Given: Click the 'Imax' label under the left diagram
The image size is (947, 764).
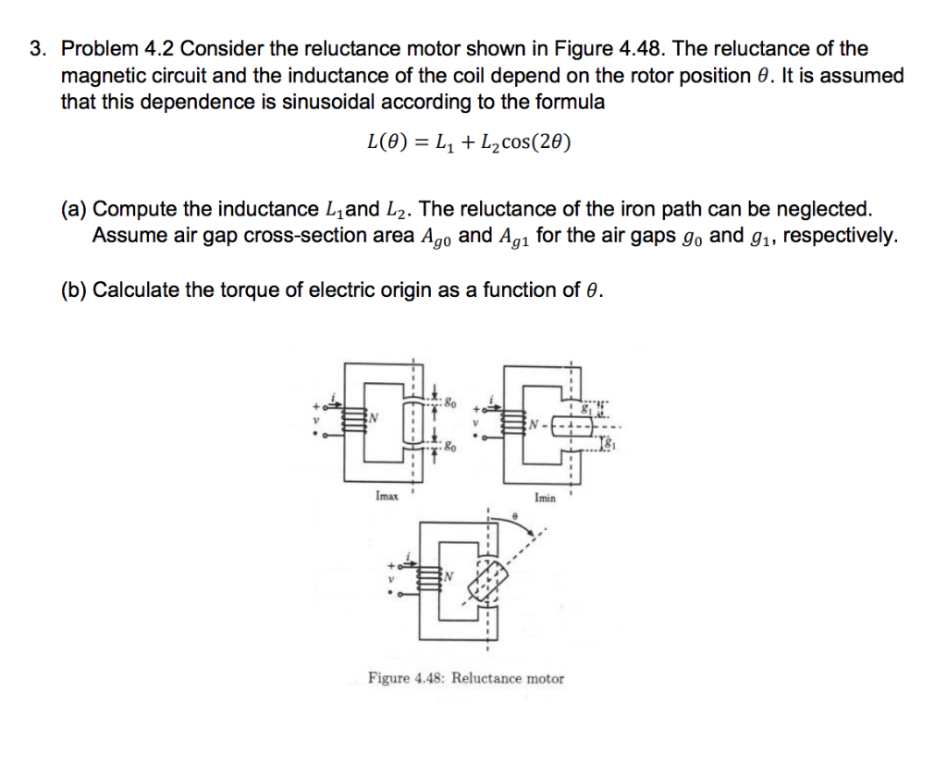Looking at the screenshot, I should coord(387,497).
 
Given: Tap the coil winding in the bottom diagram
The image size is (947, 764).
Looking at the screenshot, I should coord(430,582).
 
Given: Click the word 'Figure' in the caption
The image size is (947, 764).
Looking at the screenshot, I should coord(389,678).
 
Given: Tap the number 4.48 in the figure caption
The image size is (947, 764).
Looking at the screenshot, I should coord(430,678).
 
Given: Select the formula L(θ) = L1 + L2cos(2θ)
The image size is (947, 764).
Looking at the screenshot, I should coord(469,142).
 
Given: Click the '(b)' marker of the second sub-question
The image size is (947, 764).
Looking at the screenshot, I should coord(74,290).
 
